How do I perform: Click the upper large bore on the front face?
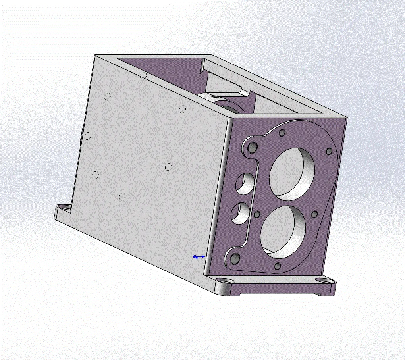tap(292, 171)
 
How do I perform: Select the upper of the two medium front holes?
tap(245, 184)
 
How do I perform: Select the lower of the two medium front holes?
tap(240, 213)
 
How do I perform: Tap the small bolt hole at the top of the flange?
tap(283, 133)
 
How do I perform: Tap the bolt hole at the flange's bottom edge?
tap(278, 266)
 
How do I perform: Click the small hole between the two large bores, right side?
tap(314, 214)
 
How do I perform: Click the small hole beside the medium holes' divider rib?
tap(257, 214)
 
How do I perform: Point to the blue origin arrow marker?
tap(199, 257)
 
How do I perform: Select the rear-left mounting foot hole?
tap(62, 208)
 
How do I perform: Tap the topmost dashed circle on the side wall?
tap(144, 75)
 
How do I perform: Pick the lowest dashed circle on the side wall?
tap(122, 196)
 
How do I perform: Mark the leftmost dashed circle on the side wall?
tap(88, 136)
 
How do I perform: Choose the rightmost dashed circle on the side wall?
tap(182, 109)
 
